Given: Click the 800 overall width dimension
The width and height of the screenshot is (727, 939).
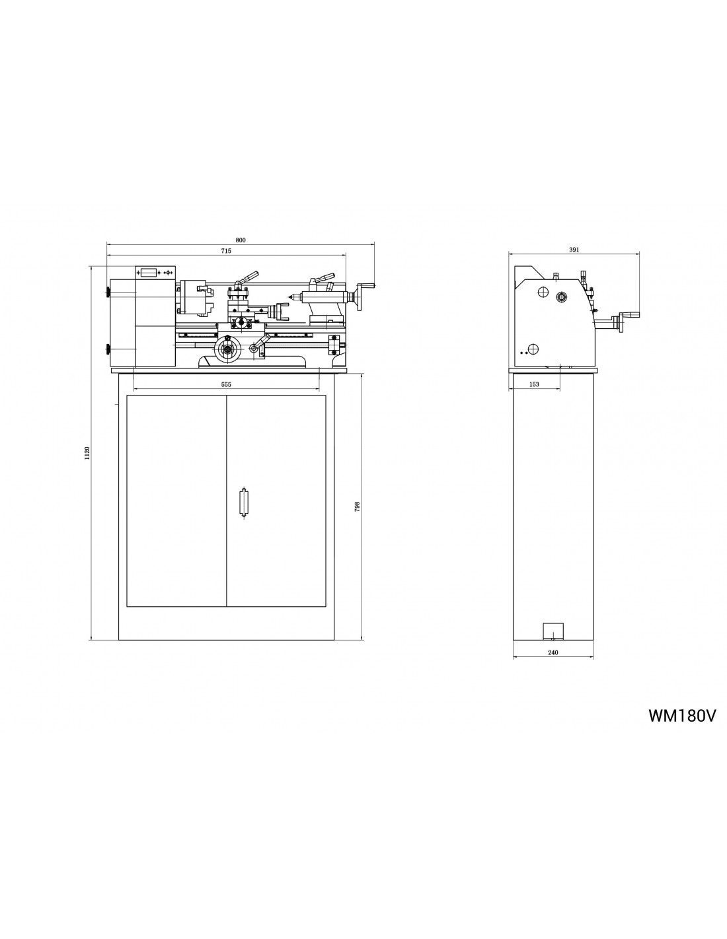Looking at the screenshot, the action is pyautogui.click(x=241, y=240).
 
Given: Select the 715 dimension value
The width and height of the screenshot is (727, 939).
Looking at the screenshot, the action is pyautogui.click(x=226, y=251).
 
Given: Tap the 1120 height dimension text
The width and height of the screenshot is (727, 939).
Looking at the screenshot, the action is pyautogui.click(x=87, y=453).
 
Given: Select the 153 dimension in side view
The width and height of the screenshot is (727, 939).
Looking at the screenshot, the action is pyautogui.click(x=535, y=384).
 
